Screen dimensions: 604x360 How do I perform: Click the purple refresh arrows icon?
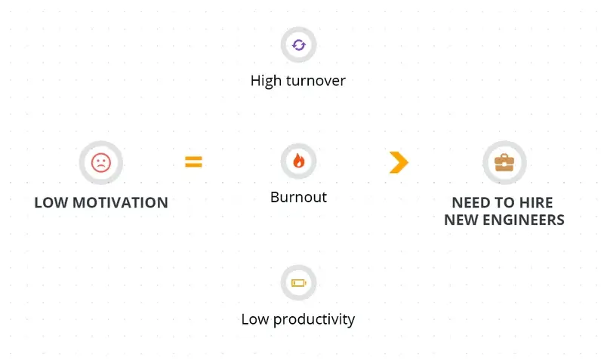[298, 45]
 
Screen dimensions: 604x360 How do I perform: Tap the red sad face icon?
[101, 162]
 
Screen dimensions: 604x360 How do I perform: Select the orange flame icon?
[298, 161]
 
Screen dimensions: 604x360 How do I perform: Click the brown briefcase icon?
[504, 162]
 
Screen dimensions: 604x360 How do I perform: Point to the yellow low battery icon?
[298, 283]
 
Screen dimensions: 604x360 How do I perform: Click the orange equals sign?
[193, 162]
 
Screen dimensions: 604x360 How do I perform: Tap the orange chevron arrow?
[399, 162]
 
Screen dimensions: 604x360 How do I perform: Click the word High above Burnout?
[266, 81]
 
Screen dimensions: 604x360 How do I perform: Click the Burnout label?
[298, 197]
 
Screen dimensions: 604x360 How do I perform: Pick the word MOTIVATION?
[120, 202]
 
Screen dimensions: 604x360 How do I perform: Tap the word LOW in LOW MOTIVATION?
[51, 202]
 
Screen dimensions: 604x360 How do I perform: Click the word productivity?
[314, 319]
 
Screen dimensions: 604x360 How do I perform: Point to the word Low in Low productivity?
[255, 319]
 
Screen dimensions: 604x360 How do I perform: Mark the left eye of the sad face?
[97, 159]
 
